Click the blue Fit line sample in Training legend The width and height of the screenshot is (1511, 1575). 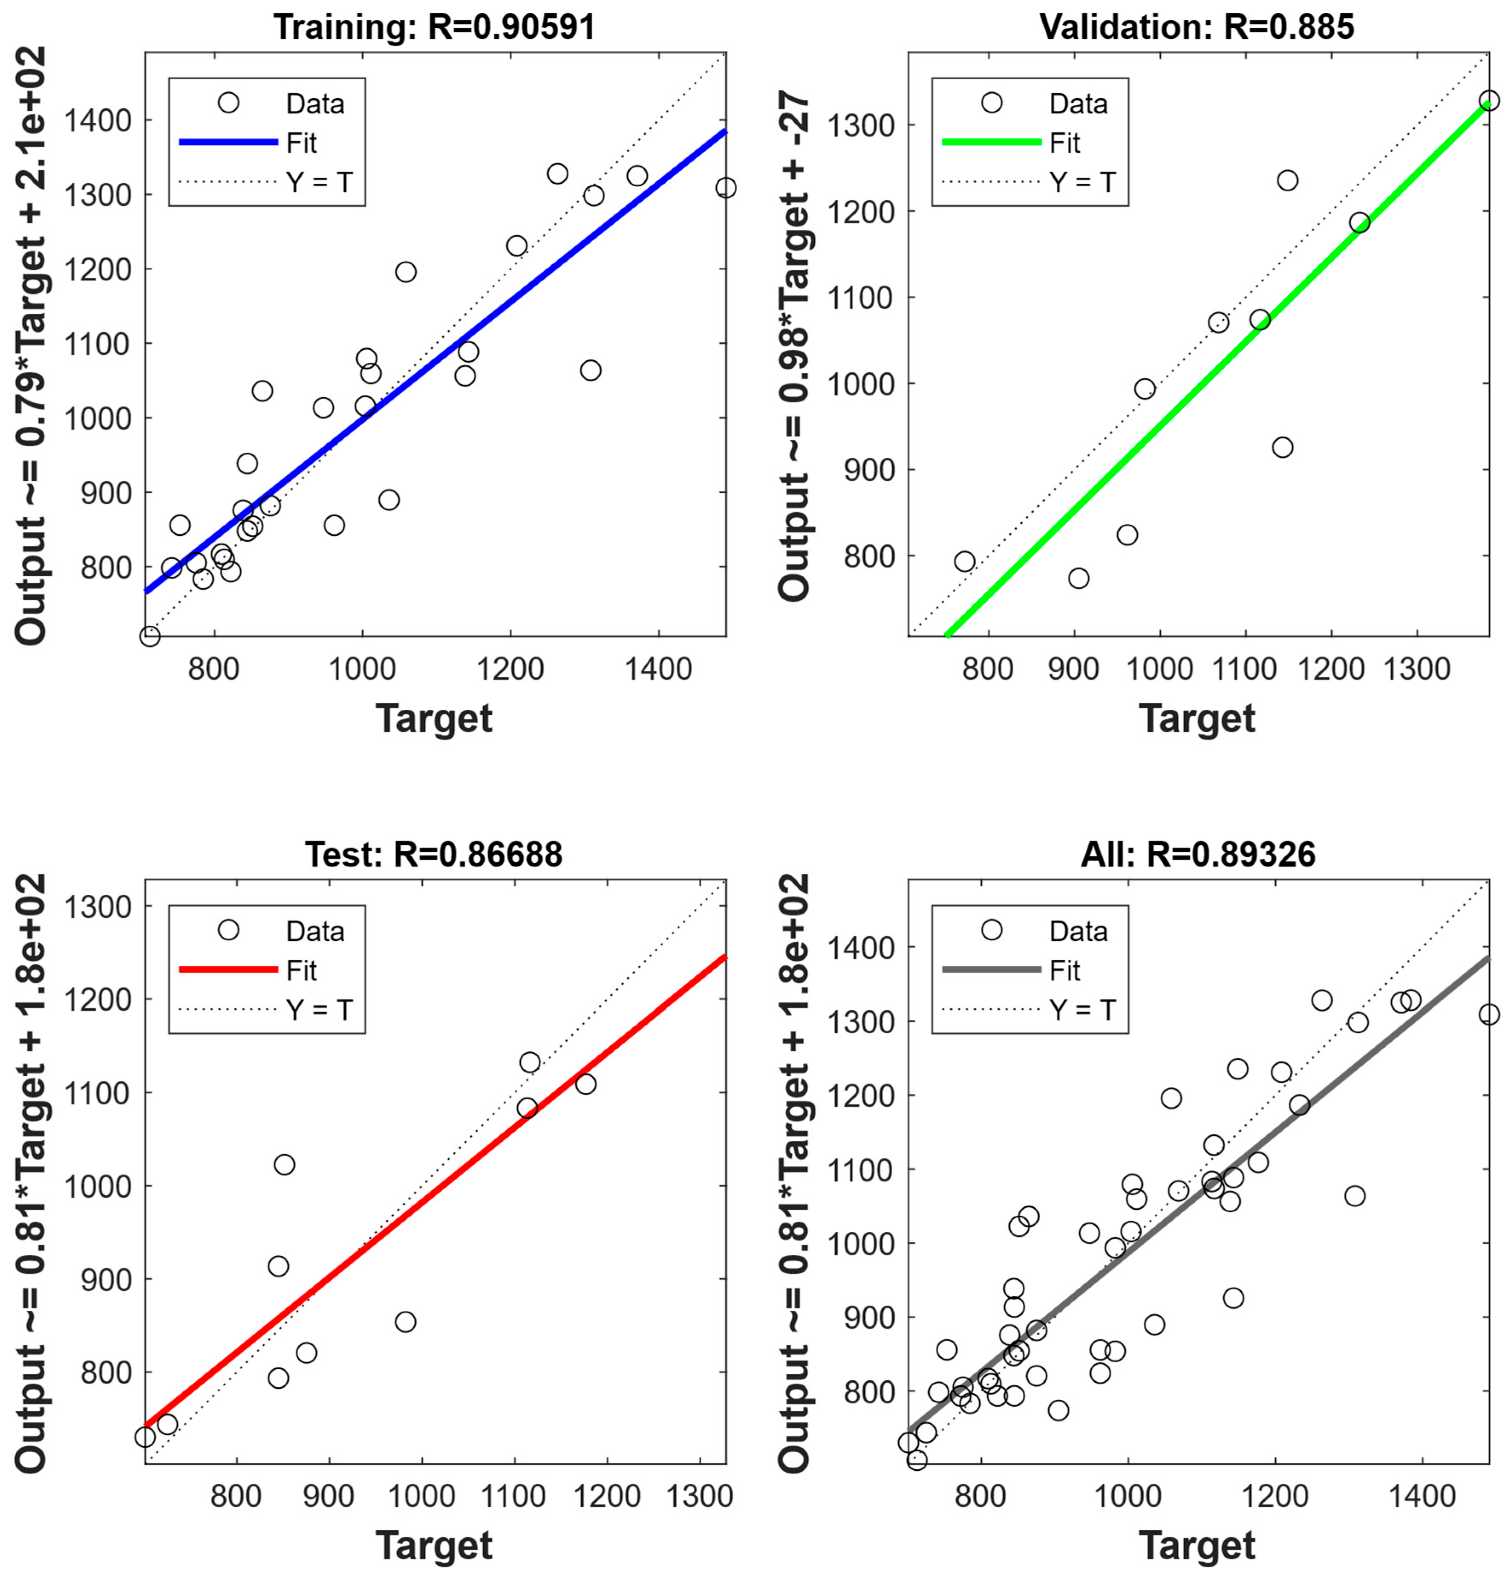pyautogui.click(x=228, y=142)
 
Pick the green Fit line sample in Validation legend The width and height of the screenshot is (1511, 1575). pyautogui.click(x=991, y=142)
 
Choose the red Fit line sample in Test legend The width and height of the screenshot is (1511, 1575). pyautogui.click(x=228, y=969)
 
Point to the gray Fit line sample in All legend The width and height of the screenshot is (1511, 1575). pyautogui.click(x=991, y=969)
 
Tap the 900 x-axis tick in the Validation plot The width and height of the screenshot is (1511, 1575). pyautogui.click(x=1073, y=668)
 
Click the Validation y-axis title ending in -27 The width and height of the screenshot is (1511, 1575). pyautogui.click(x=794, y=346)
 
